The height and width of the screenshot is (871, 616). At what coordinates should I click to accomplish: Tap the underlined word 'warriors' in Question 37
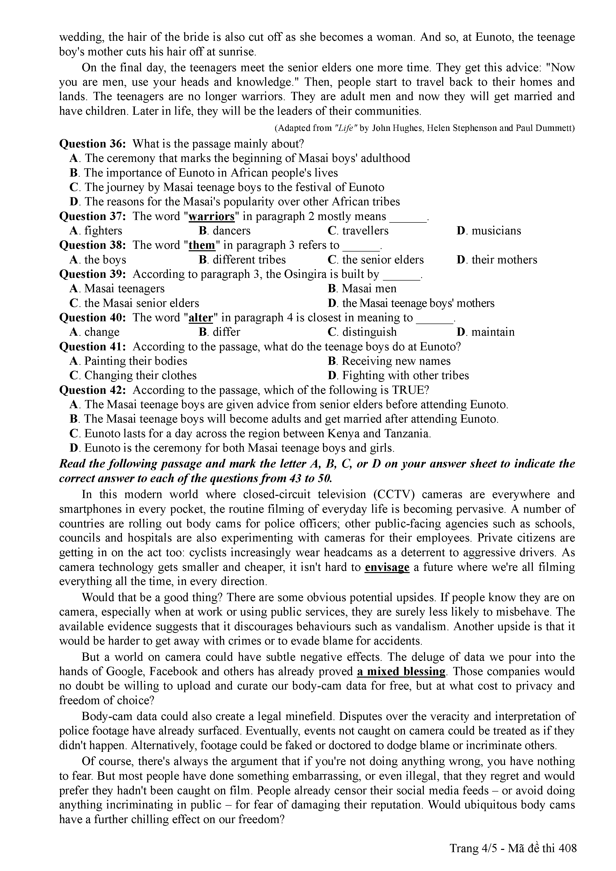point(212,216)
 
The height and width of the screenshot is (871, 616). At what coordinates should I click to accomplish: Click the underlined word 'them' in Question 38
point(202,246)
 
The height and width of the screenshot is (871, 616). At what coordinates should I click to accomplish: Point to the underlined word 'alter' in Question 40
point(201,318)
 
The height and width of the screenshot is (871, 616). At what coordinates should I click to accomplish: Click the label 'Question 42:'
point(93,390)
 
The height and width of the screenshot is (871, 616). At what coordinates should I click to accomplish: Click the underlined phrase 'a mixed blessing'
point(401,671)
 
